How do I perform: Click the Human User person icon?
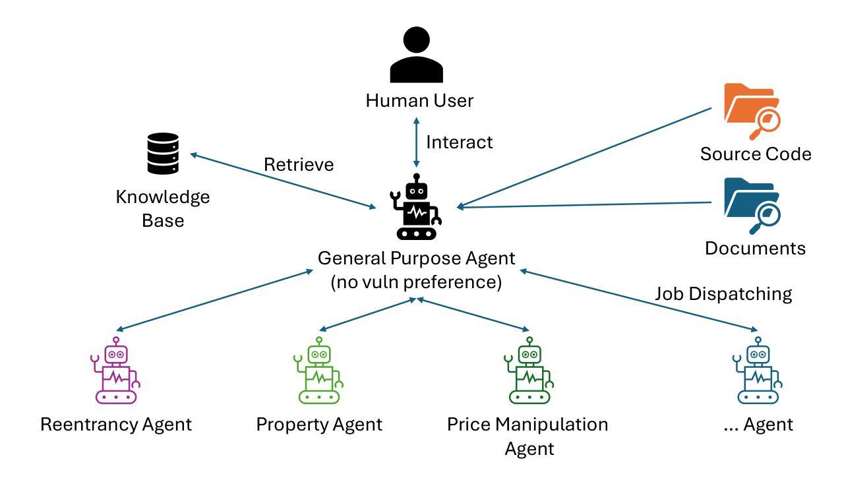click(416, 55)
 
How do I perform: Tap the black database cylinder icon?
click(163, 154)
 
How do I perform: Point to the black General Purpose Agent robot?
click(417, 207)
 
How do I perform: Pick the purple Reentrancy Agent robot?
click(116, 371)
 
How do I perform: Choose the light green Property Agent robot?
click(319, 371)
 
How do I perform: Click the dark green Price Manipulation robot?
click(529, 371)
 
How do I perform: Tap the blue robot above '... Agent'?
click(758, 371)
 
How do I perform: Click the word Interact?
click(459, 142)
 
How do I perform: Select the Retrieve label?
click(299, 164)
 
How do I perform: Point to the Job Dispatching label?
click(723, 293)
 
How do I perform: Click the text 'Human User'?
click(419, 101)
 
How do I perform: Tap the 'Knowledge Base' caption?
click(163, 208)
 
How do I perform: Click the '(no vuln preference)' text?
click(416, 282)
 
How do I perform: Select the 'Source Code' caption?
click(756, 154)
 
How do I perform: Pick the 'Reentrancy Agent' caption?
click(116, 424)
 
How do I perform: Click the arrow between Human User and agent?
click(416, 142)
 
